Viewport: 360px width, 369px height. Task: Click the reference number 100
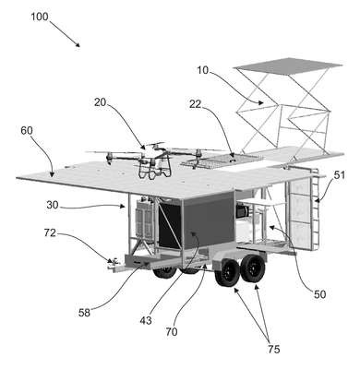coord(40,17)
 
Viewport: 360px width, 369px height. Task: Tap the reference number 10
coord(203,70)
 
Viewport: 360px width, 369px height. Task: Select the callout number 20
coord(100,102)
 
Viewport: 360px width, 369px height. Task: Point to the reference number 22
coord(195,104)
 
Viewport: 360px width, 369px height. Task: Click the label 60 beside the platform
coord(27,131)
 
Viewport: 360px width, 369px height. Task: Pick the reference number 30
coord(53,205)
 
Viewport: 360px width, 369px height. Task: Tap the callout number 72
coord(50,233)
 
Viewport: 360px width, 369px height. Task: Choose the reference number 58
coord(84,313)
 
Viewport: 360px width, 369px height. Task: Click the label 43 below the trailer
coord(146,321)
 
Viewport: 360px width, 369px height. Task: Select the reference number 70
coord(172,332)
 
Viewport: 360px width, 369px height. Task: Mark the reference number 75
coord(273,350)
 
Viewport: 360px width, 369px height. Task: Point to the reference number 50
coord(319,294)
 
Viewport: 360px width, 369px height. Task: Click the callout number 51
coord(340,175)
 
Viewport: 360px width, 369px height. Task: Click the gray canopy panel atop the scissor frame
coord(288,65)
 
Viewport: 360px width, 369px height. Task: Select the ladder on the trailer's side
coord(315,209)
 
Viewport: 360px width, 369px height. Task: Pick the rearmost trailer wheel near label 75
coord(253,268)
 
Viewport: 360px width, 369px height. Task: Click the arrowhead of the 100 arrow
coord(78,44)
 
